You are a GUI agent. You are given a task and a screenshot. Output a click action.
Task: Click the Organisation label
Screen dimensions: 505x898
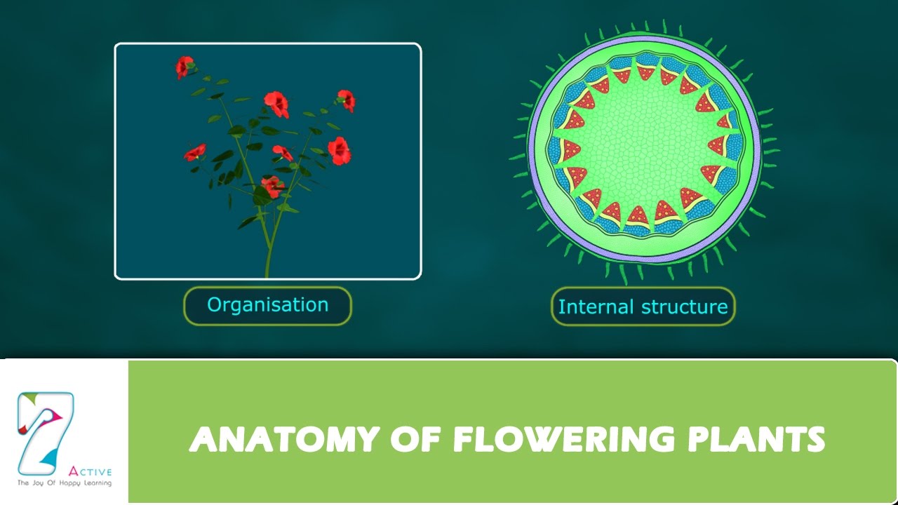(267, 305)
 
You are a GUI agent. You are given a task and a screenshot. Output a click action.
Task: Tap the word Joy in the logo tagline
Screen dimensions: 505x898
(39, 483)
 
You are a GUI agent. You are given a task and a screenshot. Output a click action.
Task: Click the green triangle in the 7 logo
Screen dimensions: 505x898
(27, 400)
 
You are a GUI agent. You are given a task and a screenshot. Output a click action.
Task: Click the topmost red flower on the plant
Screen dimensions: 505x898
(184, 67)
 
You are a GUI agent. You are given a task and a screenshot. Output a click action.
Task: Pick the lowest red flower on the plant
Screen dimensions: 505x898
(272, 186)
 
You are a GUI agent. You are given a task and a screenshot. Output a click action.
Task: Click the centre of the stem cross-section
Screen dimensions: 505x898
(643, 149)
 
